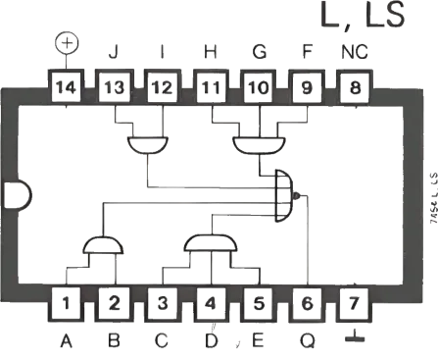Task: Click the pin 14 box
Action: (67, 87)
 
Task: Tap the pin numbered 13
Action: (115, 87)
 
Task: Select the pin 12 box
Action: (162, 87)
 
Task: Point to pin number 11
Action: (212, 87)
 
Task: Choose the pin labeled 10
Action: (259, 87)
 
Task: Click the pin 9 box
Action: (307, 87)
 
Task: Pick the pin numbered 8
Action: (354, 87)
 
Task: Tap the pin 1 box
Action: (67, 302)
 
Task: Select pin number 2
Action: (115, 302)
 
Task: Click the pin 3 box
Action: (163, 302)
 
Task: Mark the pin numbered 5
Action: (259, 302)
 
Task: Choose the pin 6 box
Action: (307, 302)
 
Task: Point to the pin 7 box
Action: (355, 302)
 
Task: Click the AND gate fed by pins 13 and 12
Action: (146, 145)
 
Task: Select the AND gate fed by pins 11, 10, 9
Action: (258, 145)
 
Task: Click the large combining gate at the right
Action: (284, 194)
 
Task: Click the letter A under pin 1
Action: (67, 341)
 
